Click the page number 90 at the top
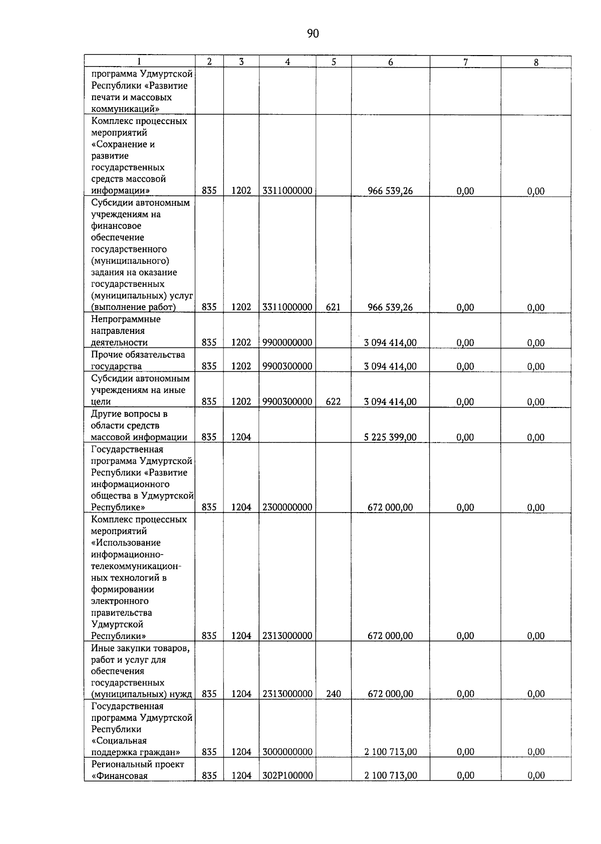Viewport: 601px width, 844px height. click(313, 34)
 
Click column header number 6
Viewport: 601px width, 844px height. click(390, 62)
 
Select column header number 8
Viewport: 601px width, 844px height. click(536, 62)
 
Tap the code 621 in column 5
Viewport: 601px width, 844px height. click(333, 307)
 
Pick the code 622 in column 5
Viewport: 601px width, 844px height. click(333, 401)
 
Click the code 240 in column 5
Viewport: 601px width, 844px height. click(333, 694)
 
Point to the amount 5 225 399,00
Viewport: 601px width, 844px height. click(390, 437)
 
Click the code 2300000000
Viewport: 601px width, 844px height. click(287, 507)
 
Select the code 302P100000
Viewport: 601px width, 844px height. click(287, 775)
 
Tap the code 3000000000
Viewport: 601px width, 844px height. click(287, 752)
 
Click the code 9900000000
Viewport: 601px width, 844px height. click(287, 342)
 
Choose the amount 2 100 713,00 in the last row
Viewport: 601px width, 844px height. click(390, 775)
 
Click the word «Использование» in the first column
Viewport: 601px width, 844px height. click(126, 543)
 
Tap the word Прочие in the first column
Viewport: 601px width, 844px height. click(106, 354)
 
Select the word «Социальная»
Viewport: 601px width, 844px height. click(119, 740)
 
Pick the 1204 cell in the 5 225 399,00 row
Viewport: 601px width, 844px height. click(241, 437)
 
